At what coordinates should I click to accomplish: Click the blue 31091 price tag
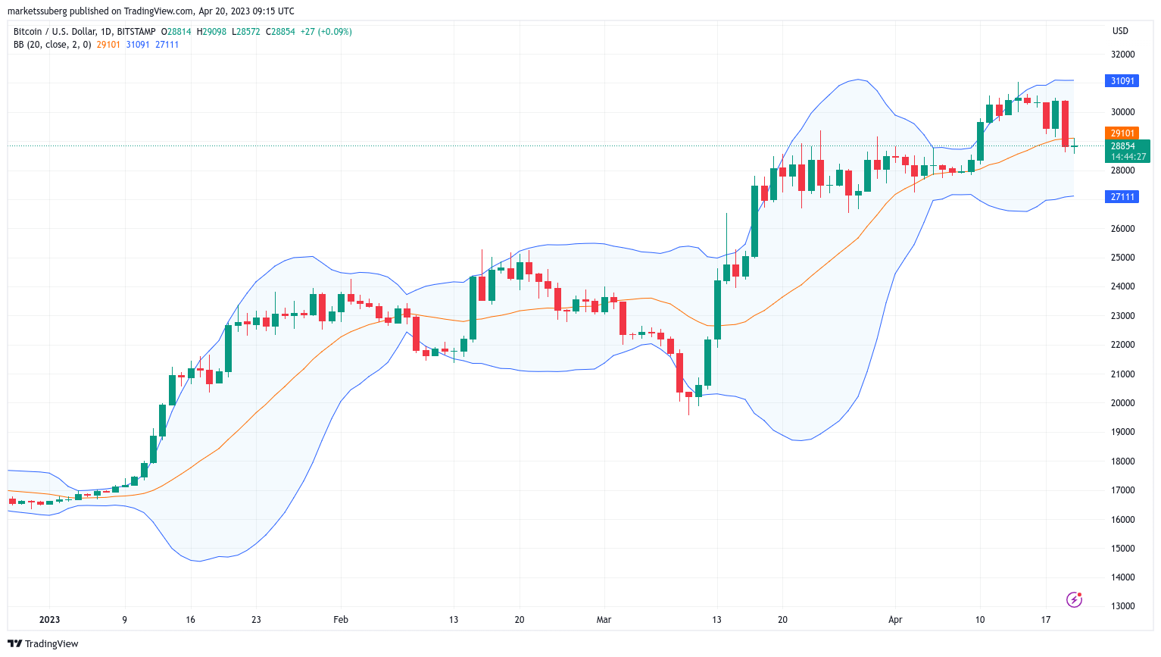pos(1122,81)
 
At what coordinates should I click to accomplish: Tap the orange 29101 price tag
pos(1122,133)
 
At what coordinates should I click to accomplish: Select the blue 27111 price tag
pos(1122,197)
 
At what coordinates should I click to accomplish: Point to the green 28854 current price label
pos(1123,146)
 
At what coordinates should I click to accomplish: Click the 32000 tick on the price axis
pos(1122,55)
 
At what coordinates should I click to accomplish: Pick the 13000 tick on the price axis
pos(1122,606)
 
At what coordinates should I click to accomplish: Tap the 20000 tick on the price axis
pos(1122,403)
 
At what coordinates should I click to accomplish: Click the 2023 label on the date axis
pos(49,620)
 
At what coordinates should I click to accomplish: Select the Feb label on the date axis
pos(341,620)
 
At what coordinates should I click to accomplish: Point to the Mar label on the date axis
pos(604,620)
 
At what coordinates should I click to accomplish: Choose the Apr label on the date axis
pos(895,620)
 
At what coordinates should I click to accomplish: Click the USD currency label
pos(1120,31)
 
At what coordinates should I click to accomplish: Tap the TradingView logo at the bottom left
pos(43,644)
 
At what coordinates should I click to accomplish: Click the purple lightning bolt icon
pos(1074,600)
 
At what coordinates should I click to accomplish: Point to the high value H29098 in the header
pos(212,32)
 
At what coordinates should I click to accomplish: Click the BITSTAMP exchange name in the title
pos(136,32)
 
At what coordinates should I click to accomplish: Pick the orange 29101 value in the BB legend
pos(108,45)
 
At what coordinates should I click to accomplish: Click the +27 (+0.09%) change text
pos(326,32)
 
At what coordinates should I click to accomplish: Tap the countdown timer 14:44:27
pos(1128,157)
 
